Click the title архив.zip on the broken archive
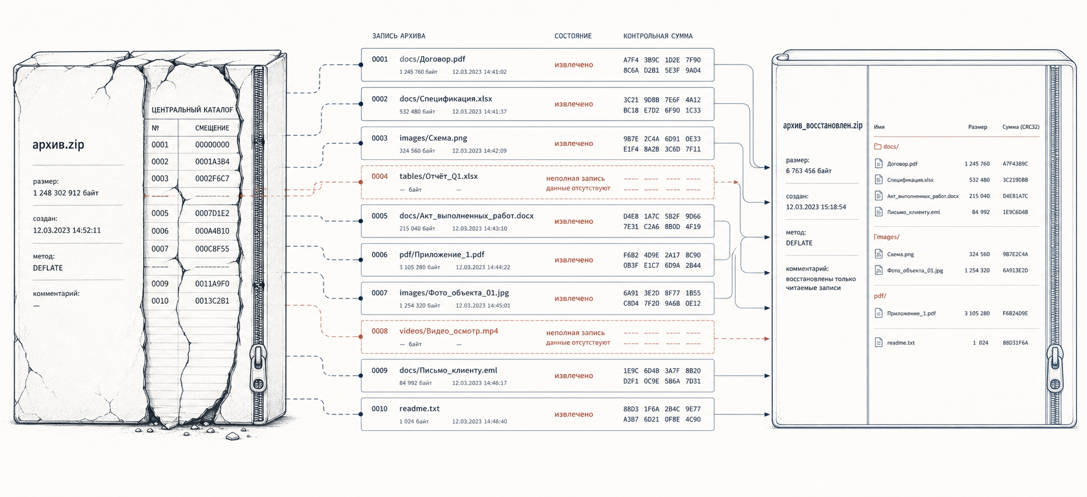point(58,145)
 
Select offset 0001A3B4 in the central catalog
point(212,162)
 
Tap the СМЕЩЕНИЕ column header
point(212,128)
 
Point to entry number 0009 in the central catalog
point(160,284)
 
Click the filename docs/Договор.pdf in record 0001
point(432,59)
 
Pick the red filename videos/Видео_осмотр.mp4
point(449,331)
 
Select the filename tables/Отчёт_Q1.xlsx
point(438,176)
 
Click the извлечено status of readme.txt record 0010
point(574,414)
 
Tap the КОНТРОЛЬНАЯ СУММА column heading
point(658,36)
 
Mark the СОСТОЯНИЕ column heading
point(573,36)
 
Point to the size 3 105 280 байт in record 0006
point(420,267)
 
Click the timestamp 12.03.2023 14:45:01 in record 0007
point(483,305)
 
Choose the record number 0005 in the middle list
point(380,216)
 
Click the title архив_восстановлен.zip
point(823,126)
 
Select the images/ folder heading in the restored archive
point(887,237)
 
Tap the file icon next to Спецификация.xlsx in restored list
point(878,180)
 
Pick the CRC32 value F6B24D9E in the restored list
point(1015,314)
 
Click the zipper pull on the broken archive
point(258,368)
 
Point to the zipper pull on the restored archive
point(1055,369)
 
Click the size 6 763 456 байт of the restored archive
point(809,171)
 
